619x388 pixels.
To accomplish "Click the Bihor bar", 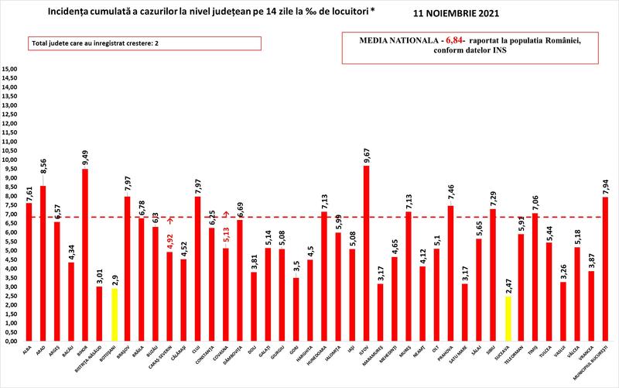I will coord(85,255).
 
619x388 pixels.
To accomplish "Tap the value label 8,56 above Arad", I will coord(43,173).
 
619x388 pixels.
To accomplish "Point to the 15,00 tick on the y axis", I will coord(10,70).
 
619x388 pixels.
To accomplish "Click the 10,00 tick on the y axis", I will coord(10,160).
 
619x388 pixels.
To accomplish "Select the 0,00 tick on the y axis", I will coord(12,341).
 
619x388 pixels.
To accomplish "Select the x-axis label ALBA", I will coord(29,352).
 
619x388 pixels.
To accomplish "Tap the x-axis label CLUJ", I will coord(197,352).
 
